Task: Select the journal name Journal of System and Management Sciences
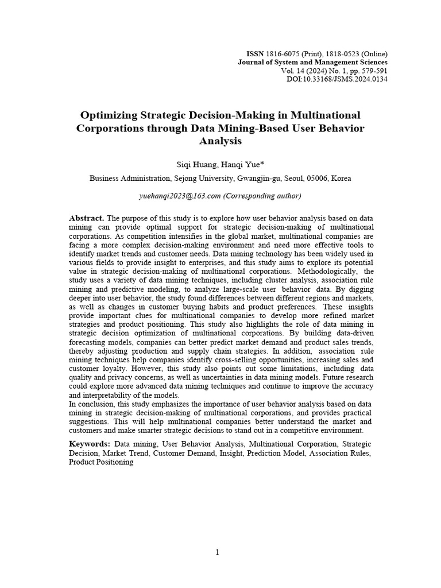click(x=313, y=61)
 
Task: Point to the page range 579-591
click(x=374, y=70)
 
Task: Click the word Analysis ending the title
click(x=220, y=141)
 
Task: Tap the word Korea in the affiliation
click(x=341, y=179)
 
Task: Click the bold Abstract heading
click(x=86, y=218)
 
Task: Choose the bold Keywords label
click(x=90, y=444)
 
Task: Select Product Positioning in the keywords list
click(x=101, y=462)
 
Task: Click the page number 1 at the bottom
click(x=218, y=552)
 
